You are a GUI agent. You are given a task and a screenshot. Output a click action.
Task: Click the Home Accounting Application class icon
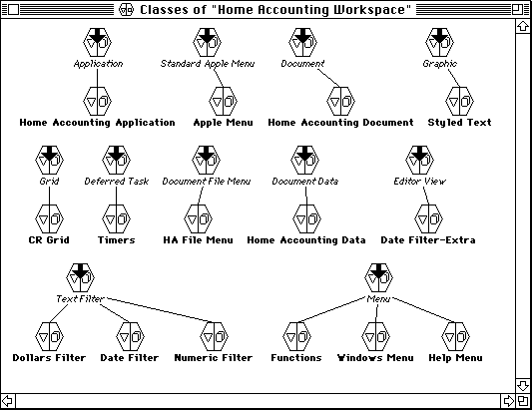[98, 101]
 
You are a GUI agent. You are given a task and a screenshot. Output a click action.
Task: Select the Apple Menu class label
[223, 123]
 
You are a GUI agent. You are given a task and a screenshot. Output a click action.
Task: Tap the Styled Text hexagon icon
[459, 101]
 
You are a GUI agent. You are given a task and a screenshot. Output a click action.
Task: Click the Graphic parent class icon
[440, 42]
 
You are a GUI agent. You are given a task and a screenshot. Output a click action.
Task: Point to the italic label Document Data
[305, 182]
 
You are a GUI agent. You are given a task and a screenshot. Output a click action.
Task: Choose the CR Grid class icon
[49, 218]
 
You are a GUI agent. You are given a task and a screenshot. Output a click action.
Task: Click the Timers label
[117, 240]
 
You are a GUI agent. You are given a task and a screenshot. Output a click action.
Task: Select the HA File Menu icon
[198, 218]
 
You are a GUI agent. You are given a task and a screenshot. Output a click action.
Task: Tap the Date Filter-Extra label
[428, 240]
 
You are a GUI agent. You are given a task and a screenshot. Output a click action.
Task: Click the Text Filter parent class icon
[80, 277]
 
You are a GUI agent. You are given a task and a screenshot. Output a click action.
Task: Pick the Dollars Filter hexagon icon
[49, 336]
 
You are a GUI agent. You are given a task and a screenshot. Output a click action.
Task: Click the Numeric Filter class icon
[214, 336]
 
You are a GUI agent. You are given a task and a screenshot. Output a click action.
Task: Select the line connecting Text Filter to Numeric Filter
[161, 310]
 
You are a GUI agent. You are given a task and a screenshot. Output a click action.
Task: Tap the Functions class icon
[296, 336]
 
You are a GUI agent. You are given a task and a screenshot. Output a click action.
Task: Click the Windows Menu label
[375, 358]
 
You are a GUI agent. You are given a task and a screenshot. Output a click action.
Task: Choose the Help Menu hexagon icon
[455, 336]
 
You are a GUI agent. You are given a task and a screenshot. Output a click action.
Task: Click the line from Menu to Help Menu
[424, 310]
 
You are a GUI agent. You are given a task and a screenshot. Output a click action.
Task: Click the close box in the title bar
[13, 10]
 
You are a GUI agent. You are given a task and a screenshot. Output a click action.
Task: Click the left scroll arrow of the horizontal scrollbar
[7, 401]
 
